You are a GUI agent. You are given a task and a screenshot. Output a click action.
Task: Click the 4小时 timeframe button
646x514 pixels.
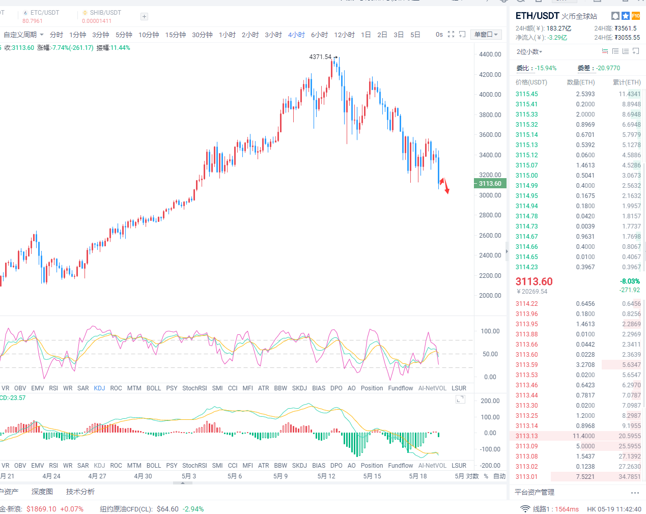[296, 35]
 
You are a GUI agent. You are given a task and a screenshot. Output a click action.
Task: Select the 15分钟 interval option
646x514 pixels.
[175, 35]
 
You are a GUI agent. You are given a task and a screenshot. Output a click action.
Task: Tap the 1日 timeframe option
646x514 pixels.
[366, 35]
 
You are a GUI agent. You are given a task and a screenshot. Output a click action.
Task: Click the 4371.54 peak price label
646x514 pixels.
[320, 57]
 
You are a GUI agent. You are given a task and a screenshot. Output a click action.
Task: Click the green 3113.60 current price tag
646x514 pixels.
[490, 184]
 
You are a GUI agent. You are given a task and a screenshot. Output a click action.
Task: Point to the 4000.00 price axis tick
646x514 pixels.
[490, 95]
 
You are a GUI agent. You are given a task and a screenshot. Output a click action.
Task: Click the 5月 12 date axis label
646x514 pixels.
[326, 476]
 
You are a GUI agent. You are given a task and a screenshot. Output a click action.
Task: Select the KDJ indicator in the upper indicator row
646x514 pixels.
[99, 388]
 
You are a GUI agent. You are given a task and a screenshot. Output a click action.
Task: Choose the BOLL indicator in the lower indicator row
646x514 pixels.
[153, 466]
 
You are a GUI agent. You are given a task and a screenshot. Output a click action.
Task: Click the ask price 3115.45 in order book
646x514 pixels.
[526, 94]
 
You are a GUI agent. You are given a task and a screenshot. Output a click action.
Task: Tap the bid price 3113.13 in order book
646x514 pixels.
[526, 436]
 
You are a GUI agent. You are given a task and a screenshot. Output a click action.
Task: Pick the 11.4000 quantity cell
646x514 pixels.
[583, 436]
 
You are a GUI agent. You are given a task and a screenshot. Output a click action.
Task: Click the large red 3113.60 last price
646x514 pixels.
[534, 281]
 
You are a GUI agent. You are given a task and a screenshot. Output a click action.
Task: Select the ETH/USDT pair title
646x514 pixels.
[537, 16]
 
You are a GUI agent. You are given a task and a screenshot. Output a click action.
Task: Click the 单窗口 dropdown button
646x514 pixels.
[486, 35]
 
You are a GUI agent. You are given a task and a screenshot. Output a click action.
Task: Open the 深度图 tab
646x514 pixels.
[42, 492]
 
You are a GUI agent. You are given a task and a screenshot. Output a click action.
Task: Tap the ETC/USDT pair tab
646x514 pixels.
[44, 13]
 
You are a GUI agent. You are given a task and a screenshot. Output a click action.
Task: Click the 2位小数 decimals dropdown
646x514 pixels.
[529, 52]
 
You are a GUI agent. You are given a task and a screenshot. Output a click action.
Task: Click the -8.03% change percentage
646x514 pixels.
[630, 281]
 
